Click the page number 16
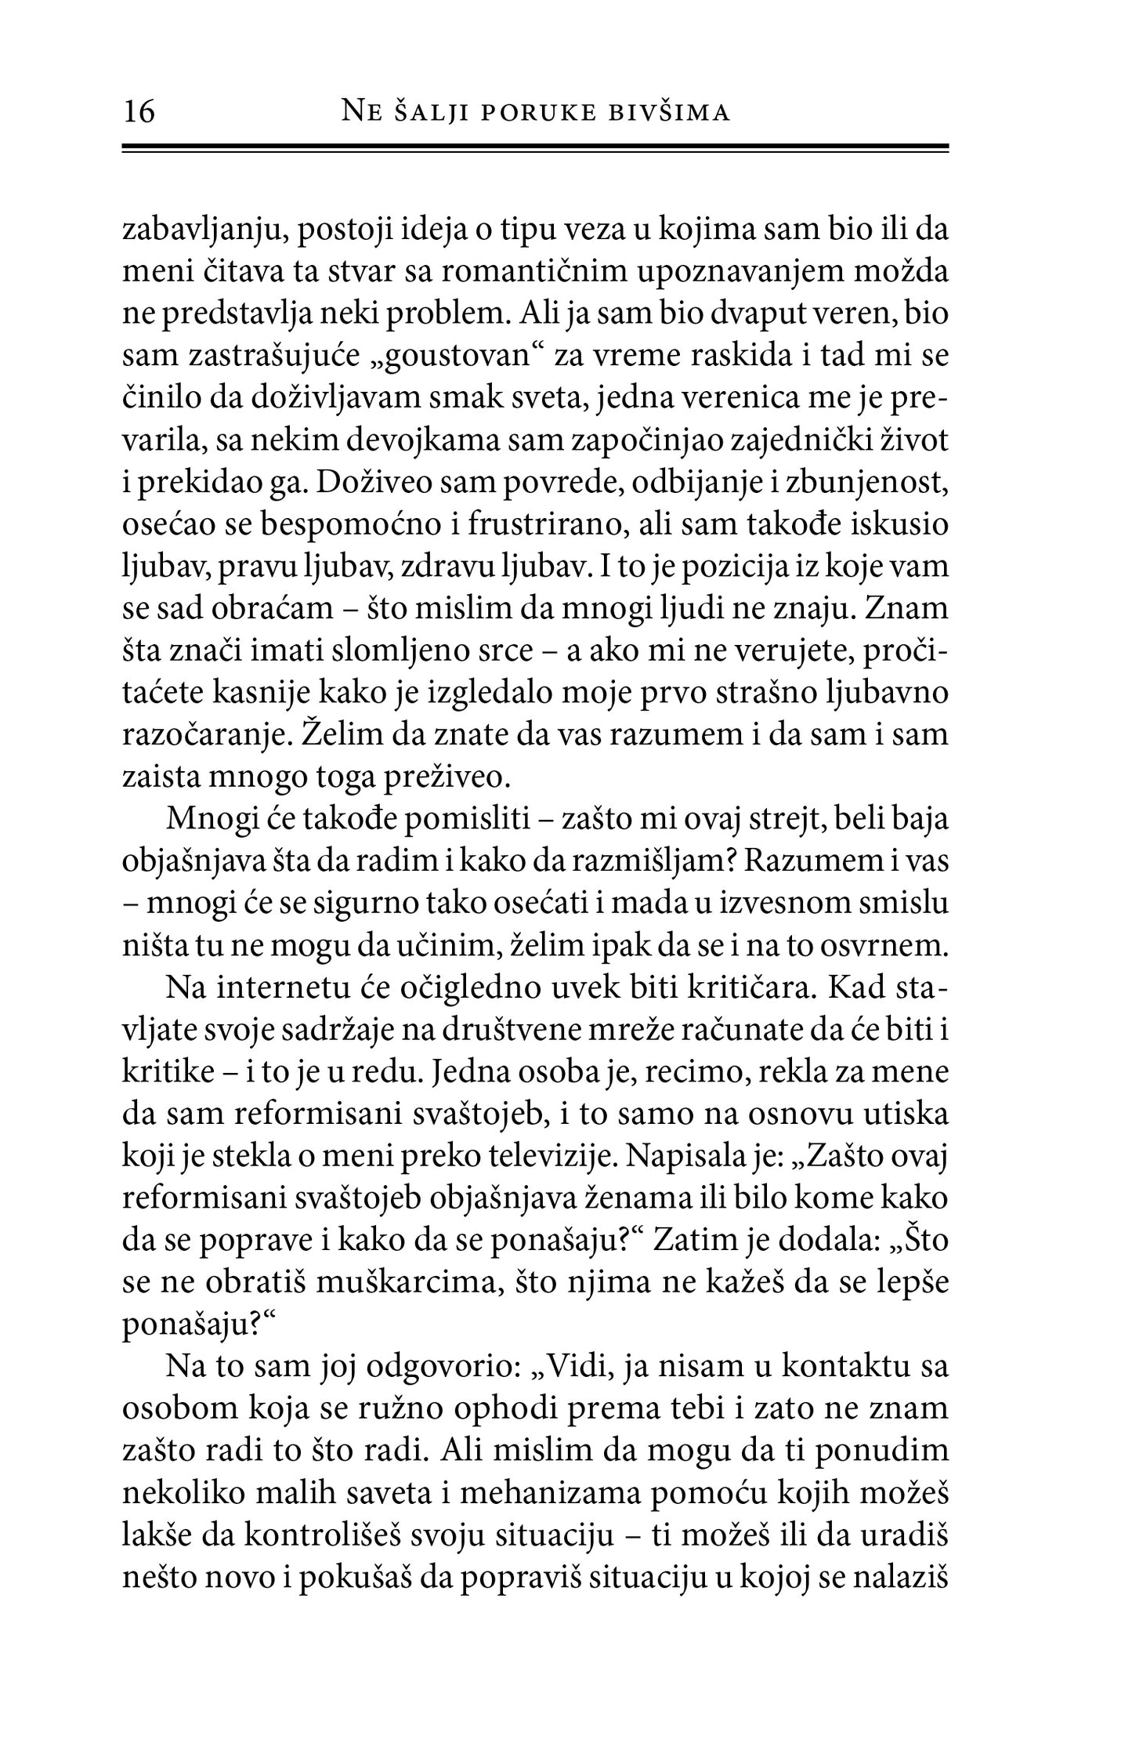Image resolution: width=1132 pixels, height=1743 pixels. (x=139, y=112)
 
